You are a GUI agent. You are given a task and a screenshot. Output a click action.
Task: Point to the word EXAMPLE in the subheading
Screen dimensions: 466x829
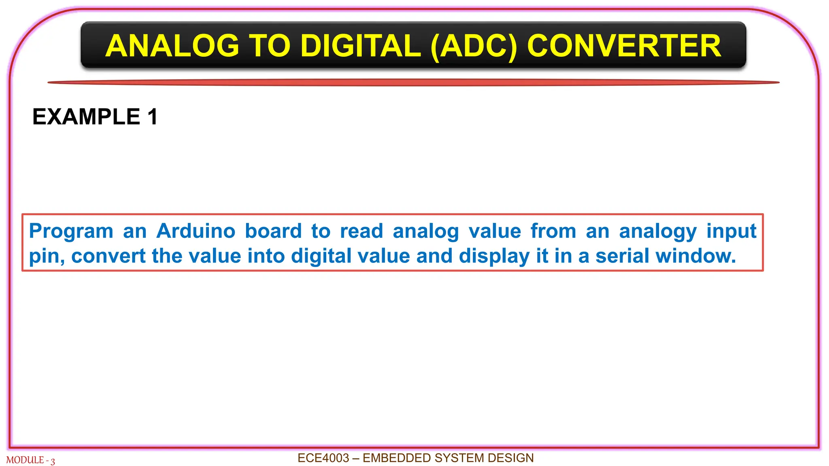(86, 117)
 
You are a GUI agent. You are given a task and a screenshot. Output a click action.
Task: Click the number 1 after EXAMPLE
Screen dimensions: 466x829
(153, 117)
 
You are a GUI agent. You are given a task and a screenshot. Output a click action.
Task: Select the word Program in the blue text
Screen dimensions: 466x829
(71, 232)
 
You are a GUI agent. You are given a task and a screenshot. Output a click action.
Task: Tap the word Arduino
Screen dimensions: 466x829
(196, 231)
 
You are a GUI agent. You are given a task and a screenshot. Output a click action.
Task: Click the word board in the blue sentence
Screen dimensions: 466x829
(273, 231)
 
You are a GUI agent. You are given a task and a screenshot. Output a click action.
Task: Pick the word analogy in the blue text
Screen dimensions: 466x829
(658, 232)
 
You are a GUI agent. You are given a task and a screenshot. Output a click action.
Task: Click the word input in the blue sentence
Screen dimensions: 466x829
(731, 232)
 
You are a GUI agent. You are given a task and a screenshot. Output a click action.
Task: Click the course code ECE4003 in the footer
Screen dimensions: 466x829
(323, 458)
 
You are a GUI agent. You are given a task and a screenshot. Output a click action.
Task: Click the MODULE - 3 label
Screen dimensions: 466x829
(30, 460)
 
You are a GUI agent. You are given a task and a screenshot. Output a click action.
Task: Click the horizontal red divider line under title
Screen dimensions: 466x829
(413, 83)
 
